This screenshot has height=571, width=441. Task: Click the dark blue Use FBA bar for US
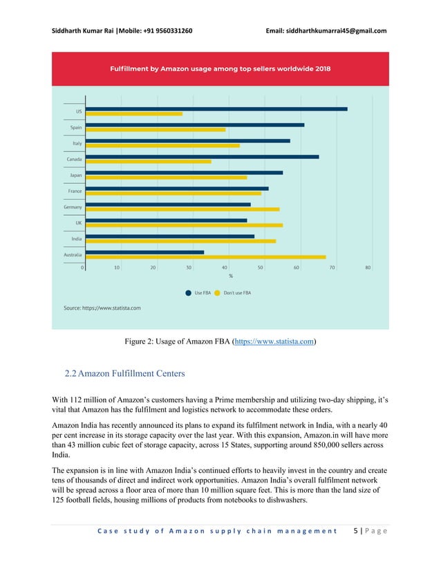216,109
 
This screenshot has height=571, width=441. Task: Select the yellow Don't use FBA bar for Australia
205,257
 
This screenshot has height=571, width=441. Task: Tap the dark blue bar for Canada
202,156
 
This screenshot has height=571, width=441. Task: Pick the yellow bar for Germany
182,209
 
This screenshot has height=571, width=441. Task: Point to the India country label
77,238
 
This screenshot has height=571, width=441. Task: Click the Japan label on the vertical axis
75,175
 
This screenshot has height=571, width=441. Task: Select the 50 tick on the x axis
261,267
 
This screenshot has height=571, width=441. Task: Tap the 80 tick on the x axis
368,267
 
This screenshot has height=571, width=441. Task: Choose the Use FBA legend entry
198,292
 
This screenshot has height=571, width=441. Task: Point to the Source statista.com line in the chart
102,308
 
